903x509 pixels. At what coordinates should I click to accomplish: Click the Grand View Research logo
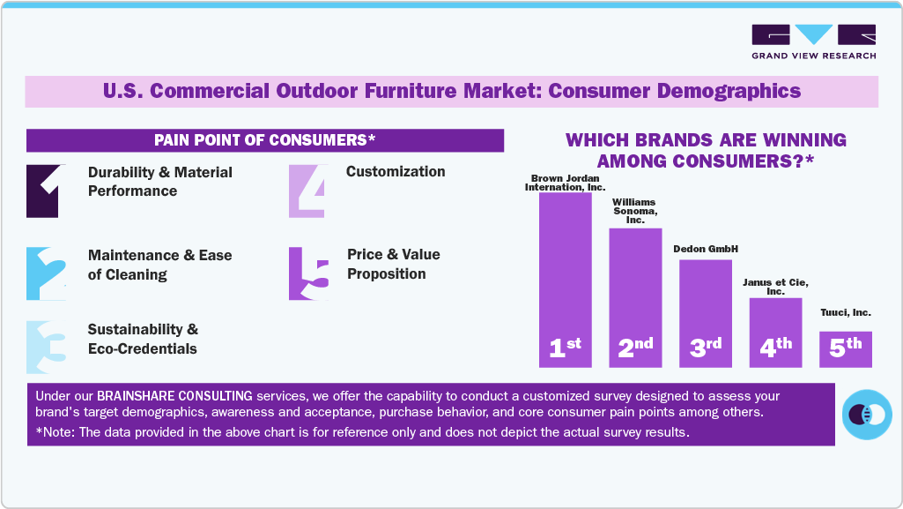click(x=813, y=41)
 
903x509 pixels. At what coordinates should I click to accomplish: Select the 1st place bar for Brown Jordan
click(x=565, y=279)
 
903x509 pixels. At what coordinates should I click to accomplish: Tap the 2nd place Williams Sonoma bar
click(x=635, y=297)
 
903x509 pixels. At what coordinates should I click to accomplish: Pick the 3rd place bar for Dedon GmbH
click(x=705, y=312)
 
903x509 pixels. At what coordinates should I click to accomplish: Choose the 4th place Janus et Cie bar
click(x=775, y=332)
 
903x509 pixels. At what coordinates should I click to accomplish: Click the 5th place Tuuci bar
click(x=845, y=348)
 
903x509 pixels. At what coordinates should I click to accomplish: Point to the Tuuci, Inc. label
click(x=845, y=312)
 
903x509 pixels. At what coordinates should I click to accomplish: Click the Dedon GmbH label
click(x=705, y=249)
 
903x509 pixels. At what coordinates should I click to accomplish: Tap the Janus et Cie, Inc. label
click(x=775, y=286)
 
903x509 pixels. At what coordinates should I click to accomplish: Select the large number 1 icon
click(x=43, y=191)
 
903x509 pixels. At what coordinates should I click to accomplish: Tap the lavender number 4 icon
click(x=307, y=191)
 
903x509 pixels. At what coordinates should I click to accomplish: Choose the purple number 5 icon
click(x=309, y=273)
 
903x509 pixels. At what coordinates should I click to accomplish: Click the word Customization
click(x=396, y=171)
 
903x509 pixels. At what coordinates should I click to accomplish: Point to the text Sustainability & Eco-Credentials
click(x=143, y=339)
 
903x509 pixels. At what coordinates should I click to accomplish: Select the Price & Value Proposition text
click(x=393, y=264)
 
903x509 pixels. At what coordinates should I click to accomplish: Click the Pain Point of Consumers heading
click(x=264, y=140)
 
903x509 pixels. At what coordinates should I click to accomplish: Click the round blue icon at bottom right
click(x=867, y=414)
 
